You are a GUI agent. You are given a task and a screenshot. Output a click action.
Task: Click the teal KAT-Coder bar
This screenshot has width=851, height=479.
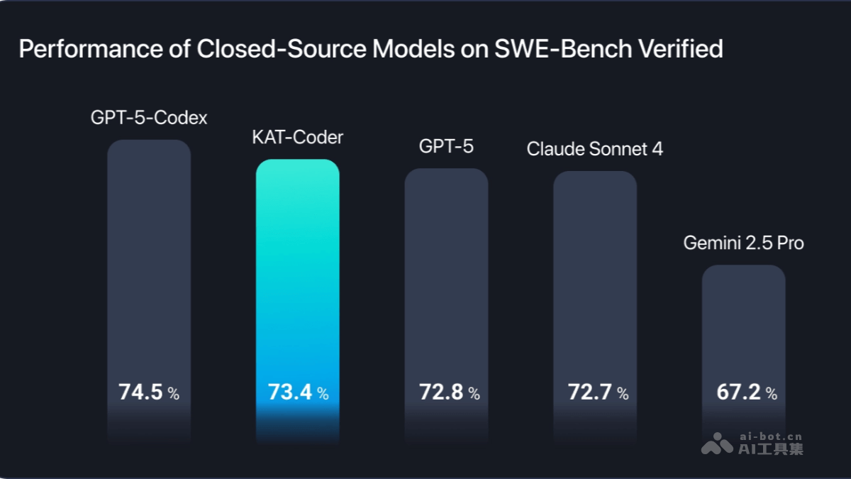click(297, 284)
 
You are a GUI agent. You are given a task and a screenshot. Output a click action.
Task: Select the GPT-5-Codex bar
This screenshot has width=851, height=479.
click(149, 270)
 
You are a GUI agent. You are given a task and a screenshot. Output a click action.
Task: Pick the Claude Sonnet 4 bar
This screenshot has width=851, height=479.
click(595, 284)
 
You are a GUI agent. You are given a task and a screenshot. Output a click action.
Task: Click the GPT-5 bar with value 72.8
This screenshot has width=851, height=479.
click(446, 284)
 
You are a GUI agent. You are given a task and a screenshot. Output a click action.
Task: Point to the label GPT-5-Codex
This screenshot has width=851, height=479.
click(149, 118)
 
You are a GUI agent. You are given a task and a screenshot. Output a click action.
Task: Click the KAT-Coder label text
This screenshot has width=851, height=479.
click(297, 137)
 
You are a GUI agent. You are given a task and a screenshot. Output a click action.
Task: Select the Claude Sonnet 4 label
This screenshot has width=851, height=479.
click(595, 149)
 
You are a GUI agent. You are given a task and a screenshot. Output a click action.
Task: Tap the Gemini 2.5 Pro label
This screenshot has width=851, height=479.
click(743, 243)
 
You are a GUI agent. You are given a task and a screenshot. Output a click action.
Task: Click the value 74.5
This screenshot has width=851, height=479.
click(140, 392)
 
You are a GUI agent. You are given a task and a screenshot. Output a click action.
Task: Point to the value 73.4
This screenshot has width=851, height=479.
click(289, 392)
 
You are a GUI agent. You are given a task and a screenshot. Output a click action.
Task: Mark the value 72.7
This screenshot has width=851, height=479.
click(589, 392)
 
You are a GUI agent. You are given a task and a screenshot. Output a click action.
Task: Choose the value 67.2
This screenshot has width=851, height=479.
click(738, 392)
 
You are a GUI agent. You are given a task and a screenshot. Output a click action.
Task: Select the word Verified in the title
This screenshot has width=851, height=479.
click(682, 50)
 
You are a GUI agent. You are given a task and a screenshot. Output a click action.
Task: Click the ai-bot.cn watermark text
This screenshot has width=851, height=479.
click(771, 437)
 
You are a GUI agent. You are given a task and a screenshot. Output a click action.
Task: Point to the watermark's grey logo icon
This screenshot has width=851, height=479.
click(717, 444)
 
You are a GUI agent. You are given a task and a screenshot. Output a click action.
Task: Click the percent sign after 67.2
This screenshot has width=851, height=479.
click(771, 394)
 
